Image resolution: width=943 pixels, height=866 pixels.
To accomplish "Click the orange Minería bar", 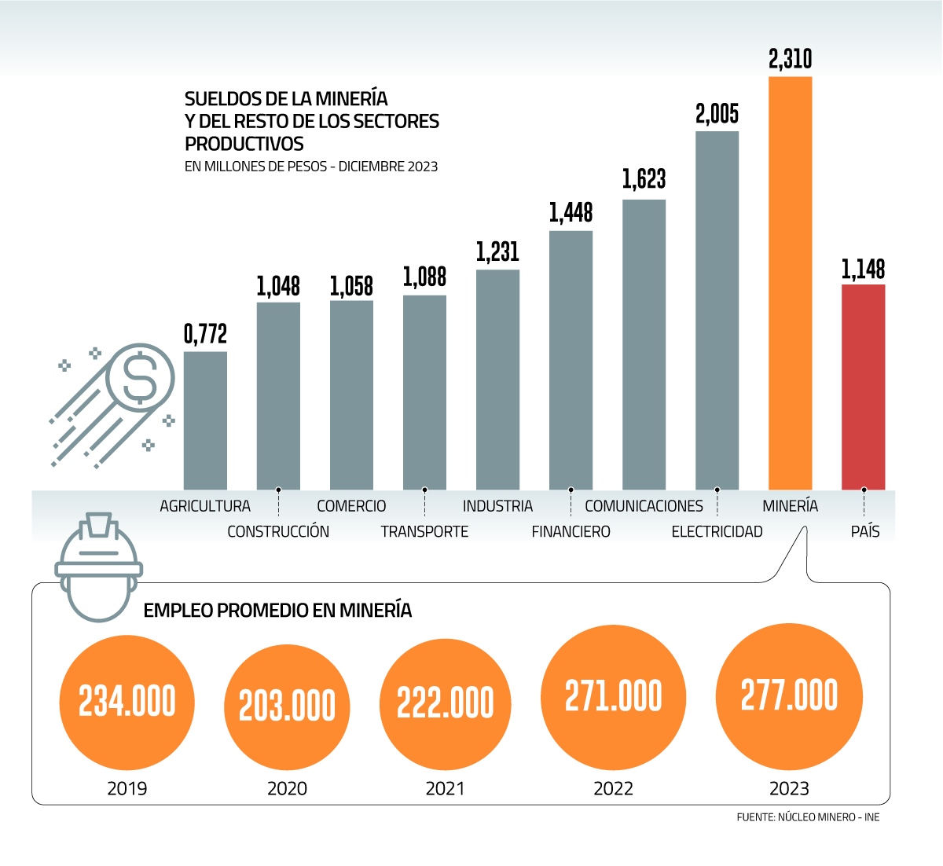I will pyautogui.click(x=790, y=283).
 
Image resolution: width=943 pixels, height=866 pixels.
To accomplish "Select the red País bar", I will pyautogui.click(x=863, y=387).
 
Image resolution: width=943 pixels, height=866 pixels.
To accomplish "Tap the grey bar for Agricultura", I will pyautogui.click(x=205, y=420).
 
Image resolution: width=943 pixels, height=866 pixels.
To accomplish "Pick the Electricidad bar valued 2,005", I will pyautogui.click(x=717, y=310).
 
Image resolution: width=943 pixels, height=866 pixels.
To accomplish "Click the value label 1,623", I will pyautogui.click(x=644, y=179).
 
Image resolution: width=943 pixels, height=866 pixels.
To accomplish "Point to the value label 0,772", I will pyautogui.click(x=205, y=334).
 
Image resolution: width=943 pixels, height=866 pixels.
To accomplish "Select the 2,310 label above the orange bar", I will pyautogui.click(x=790, y=59).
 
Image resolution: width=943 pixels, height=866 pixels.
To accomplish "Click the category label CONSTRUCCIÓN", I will pyautogui.click(x=278, y=532).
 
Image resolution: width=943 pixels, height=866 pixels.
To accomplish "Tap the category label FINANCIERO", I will pyautogui.click(x=571, y=532).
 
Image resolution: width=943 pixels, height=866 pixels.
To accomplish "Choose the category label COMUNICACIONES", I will pyautogui.click(x=644, y=506).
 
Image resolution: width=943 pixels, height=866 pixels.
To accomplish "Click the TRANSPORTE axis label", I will pyautogui.click(x=424, y=532).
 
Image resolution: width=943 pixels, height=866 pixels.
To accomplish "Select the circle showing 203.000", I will pyautogui.click(x=287, y=706).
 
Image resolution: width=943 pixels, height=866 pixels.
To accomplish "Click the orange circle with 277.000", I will pyautogui.click(x=789, y=697).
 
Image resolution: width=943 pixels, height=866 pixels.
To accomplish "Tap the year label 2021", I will pyautogui.click(x=445, y=788).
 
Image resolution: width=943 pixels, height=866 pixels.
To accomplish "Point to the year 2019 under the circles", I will pyautogui.click(x=127, y=788).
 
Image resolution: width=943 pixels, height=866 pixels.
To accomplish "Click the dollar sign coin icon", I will pyautogui.click(x=141, y=377).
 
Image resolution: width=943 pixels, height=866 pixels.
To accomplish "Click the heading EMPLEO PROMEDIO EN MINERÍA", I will pyautogui.click(x=277, y=611).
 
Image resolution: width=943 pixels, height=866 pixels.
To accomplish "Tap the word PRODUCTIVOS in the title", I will pyautogui.click(x=244, y=144).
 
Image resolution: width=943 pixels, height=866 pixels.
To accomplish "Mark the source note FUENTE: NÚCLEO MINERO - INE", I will pyautogui.click(x=808, y=817).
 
